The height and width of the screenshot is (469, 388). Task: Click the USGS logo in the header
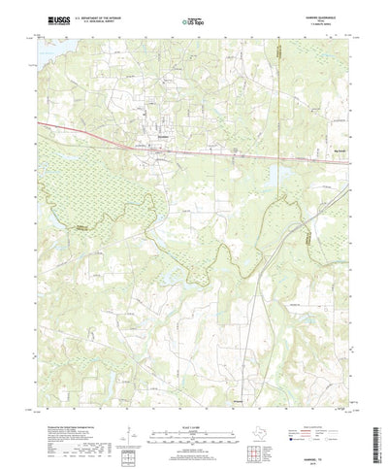click(x=52, y=18)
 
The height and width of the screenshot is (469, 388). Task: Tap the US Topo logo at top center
click(x=192, y=18)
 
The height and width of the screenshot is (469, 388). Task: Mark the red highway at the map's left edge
click(x=43, y=124)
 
